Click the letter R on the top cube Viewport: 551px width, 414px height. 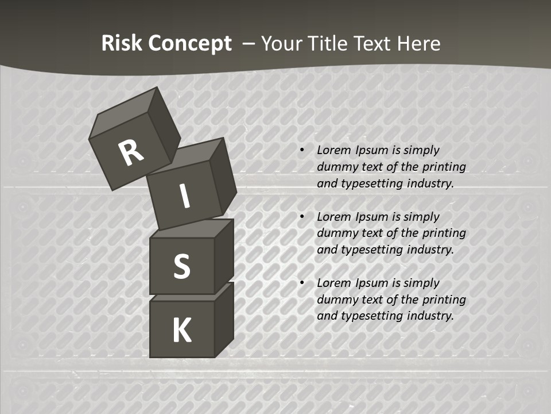[131, 153]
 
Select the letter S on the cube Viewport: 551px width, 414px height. [181, 266]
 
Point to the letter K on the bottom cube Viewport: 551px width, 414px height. [182, 331]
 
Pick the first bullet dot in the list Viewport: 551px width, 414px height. [302, 151]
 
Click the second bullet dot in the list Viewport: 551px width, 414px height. [302, 217]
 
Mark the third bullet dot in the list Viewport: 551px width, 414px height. [302, 283]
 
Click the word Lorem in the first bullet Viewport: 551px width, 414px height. [332, 151]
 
